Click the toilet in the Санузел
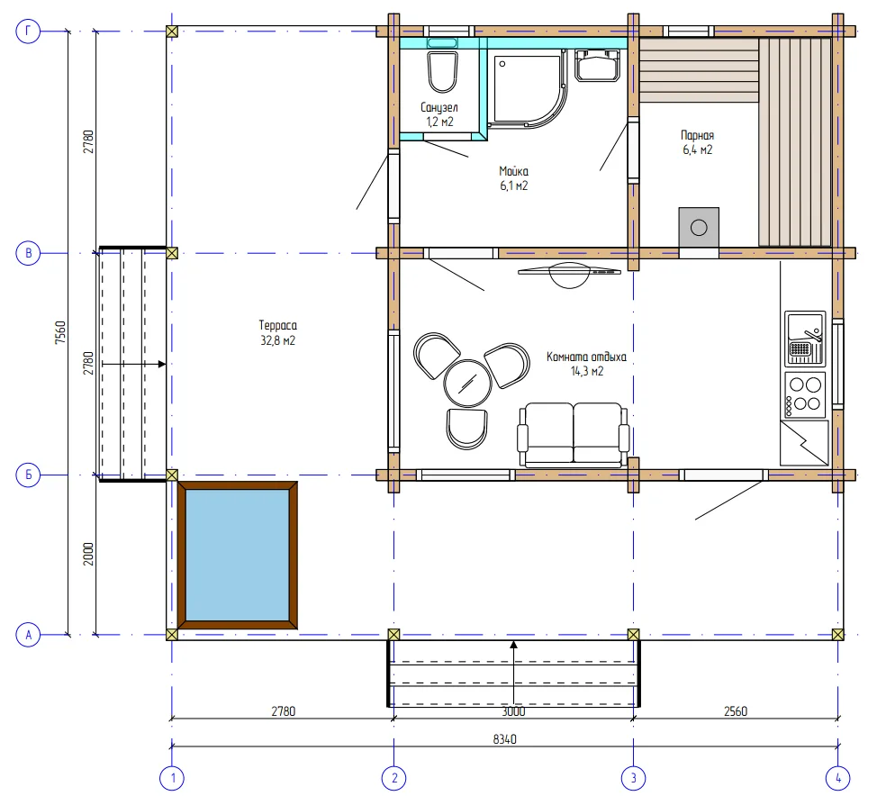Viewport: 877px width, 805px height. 442,72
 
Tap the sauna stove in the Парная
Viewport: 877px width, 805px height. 699,227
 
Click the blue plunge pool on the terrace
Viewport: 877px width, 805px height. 237,555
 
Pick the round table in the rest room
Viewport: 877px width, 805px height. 467,384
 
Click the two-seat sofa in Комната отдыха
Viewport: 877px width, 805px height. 574,435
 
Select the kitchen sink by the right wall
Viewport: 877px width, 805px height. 805,338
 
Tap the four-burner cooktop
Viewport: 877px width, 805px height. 805,395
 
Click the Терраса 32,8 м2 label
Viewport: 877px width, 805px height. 278,333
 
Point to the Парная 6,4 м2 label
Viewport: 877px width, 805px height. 698,142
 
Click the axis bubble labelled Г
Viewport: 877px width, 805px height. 28,32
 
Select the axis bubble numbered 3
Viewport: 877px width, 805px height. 633,778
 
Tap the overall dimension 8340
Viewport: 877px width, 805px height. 504,739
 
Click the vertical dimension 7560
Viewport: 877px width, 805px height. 60,332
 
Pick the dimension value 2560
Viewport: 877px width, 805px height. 736,711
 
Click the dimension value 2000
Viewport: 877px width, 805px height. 88,554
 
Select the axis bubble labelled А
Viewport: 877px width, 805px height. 28,635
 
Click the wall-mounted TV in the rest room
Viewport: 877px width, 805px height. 569,274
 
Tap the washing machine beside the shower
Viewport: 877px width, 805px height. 597,65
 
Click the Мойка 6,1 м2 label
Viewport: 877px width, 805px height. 514,178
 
